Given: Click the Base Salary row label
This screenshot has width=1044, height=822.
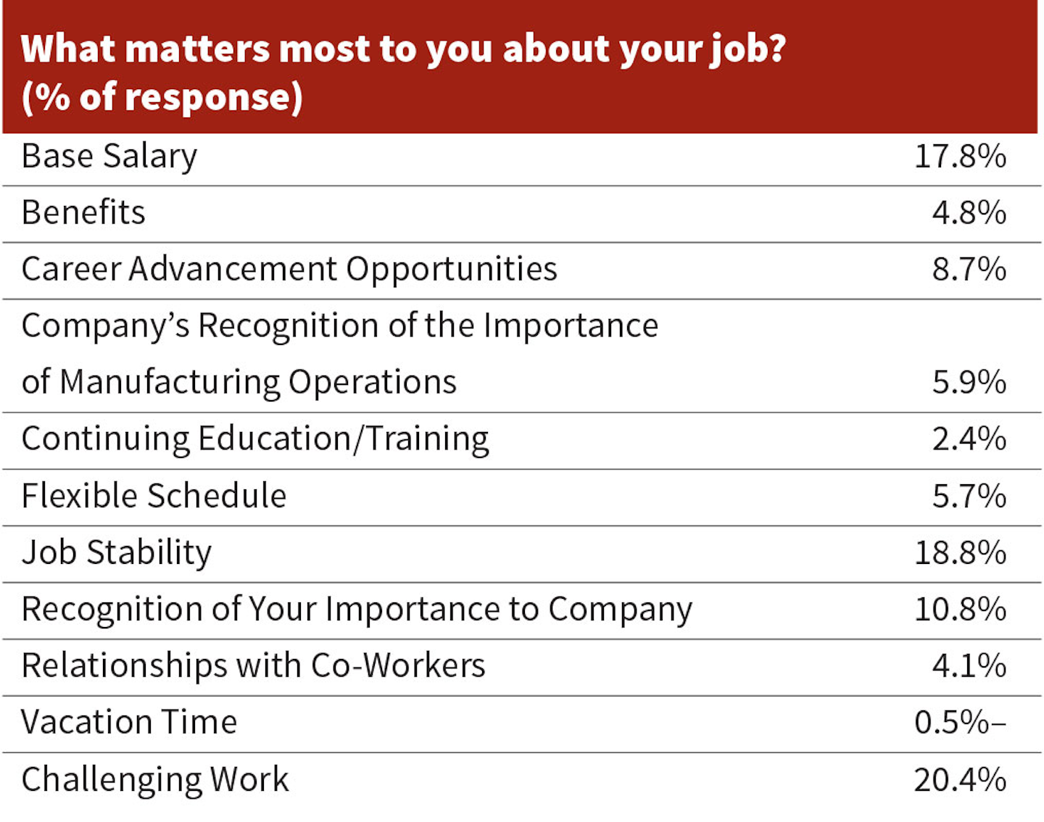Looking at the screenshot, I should point(109,157).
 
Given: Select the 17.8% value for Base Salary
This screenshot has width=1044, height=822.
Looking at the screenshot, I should point(960,157).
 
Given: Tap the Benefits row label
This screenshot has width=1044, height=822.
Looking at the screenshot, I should point(83,212).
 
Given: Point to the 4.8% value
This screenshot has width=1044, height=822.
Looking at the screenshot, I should point(969,212).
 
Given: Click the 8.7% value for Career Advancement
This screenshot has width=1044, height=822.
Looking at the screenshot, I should point(969,269).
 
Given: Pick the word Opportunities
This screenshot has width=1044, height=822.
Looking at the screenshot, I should point(451,270).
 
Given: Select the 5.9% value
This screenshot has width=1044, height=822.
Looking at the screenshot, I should point(969,382).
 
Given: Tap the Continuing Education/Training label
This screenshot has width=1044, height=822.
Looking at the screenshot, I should point(255,439).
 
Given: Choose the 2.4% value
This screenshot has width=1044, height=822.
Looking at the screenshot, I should point(969,439).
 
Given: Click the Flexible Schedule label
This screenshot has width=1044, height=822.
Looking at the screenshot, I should point(154,496).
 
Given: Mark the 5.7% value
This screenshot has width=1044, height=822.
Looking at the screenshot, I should point(969,496).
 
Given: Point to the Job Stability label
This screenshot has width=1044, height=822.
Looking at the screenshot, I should point(116,552).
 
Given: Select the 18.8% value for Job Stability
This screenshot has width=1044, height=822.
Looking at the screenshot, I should point(960,552).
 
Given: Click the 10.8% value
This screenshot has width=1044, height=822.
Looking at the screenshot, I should point(960,609).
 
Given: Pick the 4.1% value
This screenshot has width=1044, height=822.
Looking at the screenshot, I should point(969,665).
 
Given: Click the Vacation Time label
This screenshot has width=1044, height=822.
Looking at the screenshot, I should point(129,722).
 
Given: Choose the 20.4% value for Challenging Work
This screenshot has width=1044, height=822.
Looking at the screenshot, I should point(960,780).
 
